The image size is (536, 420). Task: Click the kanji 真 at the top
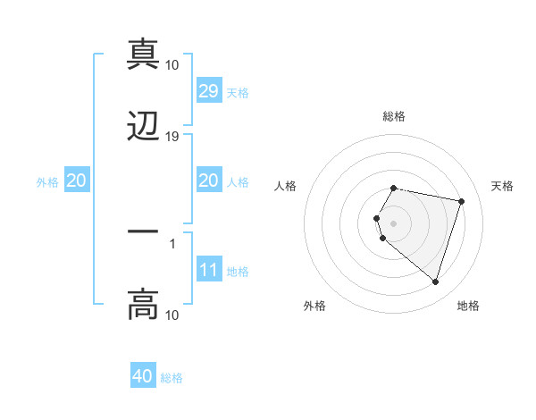(143, 54)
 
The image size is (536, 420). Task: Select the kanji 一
(143, 231)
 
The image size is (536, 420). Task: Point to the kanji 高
(143, 304)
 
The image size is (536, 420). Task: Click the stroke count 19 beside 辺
(172, 137)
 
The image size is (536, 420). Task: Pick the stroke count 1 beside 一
(172, 242)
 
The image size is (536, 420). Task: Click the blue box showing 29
(209, 91)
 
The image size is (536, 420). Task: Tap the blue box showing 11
(209, 270)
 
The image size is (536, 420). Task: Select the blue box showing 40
(143, 376)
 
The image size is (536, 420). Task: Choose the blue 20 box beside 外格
(77, 181)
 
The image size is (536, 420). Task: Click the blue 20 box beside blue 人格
(209, 181)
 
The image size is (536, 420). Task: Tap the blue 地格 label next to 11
(239, 272)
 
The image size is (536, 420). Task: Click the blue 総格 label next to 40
(172, 378)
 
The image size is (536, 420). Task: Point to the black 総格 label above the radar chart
(394, 116)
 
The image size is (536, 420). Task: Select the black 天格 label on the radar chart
(503, 186)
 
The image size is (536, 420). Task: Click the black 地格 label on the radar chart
(468, 306)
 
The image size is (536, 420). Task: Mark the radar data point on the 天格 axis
(461, 201)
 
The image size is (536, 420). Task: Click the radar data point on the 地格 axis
(435, 281)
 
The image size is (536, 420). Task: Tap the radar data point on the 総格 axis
(394, 189)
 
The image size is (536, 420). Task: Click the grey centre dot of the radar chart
(394, 223)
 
